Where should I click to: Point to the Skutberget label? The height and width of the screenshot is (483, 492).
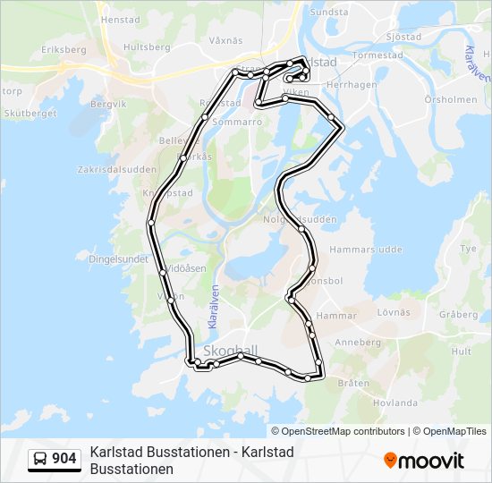point(30,113)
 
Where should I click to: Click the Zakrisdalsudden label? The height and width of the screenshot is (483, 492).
point(118,168)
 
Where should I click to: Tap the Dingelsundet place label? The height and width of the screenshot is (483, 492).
point(118,258)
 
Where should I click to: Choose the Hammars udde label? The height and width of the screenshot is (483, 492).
point(367,250)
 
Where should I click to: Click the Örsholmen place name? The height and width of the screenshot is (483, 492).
point(451,99)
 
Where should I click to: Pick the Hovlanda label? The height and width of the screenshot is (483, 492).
point(395,403)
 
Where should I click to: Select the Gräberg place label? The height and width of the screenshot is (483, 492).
point(459,314)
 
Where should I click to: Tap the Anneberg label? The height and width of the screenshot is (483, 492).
point(358,342)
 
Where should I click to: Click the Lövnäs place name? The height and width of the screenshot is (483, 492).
point(394,312)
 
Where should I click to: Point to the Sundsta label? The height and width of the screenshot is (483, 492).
point(328,12)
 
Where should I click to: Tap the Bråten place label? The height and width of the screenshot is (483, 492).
point(354,383)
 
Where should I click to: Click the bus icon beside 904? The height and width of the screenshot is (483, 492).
point(40,459)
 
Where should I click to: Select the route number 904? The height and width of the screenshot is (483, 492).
point(64,459)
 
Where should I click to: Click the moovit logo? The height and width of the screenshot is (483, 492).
point(424,460)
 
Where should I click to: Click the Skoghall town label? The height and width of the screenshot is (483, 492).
point(231,350)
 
